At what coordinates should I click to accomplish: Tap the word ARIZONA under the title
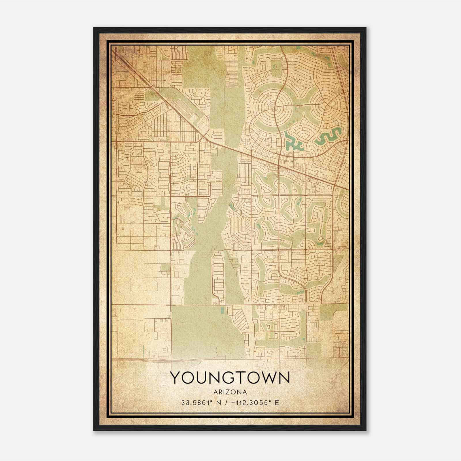[x=230, y=392]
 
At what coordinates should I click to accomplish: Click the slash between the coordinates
[x=228, y=403]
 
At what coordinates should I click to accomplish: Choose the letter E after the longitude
[x=277, y=403]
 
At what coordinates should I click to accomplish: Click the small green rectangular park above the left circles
[x=276, y=68]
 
